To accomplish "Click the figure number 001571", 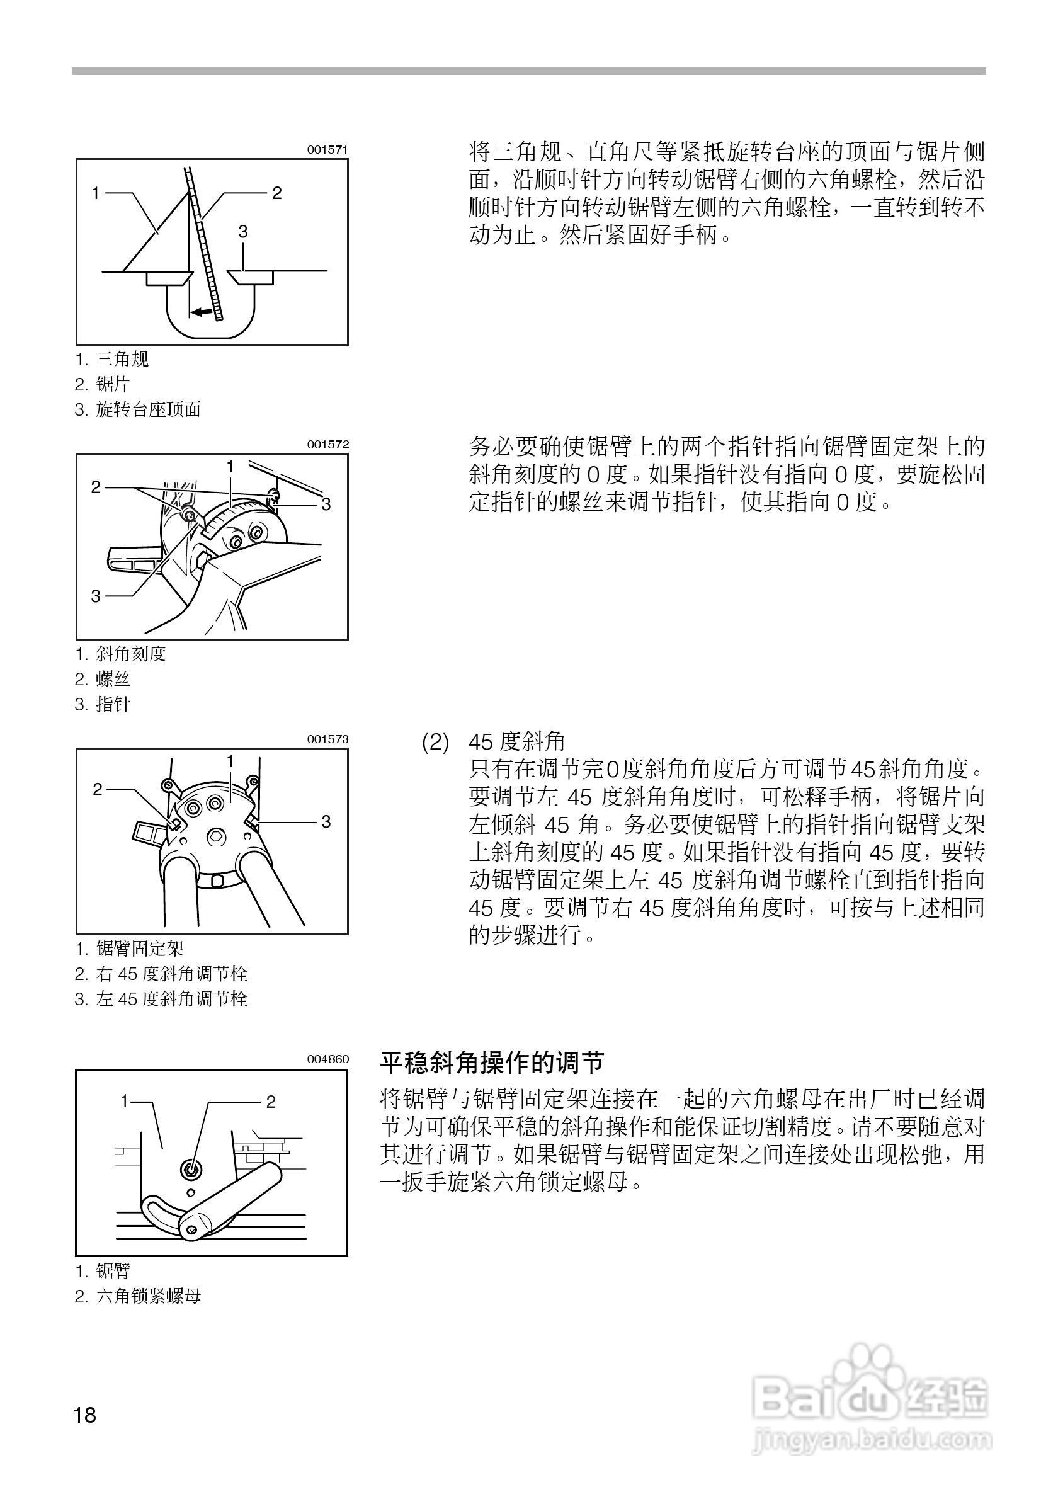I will tap(327, 149).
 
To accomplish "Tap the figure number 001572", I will tap(327, 445).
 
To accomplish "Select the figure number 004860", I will tap(327, 1059).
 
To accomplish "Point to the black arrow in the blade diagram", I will tap(203, 312).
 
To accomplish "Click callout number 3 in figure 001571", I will tap(243, 231).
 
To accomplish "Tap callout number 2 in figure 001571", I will tap(276, 193).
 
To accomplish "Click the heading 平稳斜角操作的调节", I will tap(492, 1063).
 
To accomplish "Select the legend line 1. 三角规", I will tap(112, 358).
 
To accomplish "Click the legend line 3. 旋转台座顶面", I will tap(138, 409).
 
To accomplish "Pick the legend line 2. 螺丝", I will tap(103, 679).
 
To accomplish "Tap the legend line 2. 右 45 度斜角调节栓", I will tap(161, 974).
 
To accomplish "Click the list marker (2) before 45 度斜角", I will tap(435, 743).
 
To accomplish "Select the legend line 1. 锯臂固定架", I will tap(129, 948).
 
